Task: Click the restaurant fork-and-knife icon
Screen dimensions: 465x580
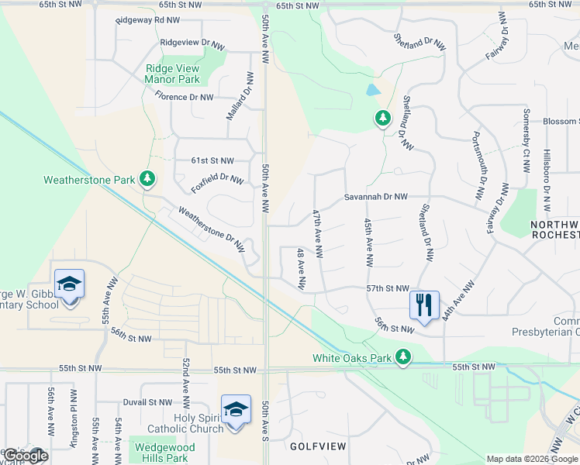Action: click(x=423, y=304)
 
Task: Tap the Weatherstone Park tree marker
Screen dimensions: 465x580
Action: click(x=147, y=180)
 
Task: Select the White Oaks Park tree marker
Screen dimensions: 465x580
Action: click(x=402, y=357)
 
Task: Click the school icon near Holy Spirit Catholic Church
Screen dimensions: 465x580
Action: click(x=236, y=410)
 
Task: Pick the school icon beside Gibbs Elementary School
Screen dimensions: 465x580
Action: click(x=69, y=284)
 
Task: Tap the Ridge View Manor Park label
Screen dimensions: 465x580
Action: click(x=172, y=74)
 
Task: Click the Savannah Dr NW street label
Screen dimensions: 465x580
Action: click(x=376, y=197)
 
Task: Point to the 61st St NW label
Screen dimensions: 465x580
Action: click(x=212, y=160)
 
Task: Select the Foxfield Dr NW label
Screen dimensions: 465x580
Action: click(x=217, y=184)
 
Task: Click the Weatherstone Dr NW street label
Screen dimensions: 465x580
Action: click(x=212, y=230)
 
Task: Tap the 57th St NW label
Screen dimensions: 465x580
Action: click(x=387, y=288)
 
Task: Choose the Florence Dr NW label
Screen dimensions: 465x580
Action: click(x=184, y=97)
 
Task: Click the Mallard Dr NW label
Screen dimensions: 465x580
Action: click(x=240, y=96)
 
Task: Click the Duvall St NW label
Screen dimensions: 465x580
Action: click(x=147, y=403)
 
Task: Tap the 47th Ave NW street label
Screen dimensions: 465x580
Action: click(x=317, y=232)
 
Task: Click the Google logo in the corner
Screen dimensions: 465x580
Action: click(x=25, y=455)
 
